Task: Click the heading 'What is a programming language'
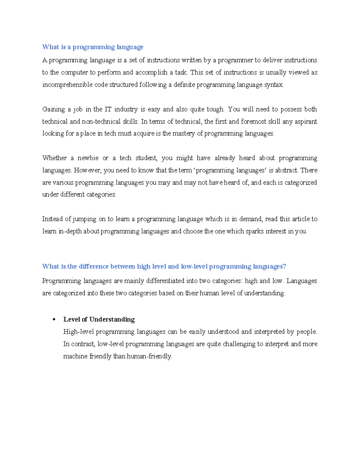93,47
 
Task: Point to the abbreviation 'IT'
107,109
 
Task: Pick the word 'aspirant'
305,121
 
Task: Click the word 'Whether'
54,158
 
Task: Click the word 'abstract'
286,170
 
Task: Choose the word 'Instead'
52,219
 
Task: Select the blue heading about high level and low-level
164,266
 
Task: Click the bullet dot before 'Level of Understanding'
54,320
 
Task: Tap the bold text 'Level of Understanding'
99,319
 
